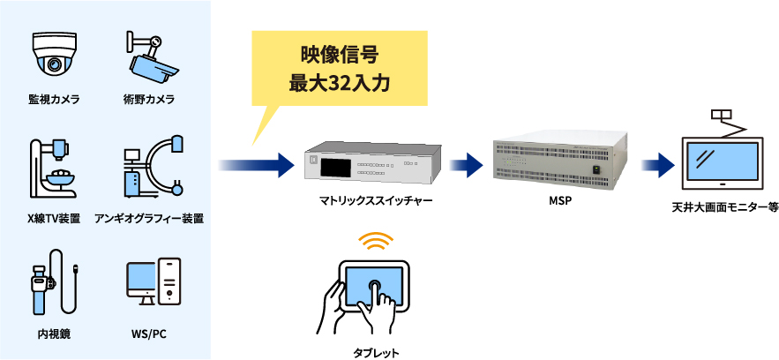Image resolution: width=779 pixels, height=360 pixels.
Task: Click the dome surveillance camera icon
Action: click(x=54, y=55)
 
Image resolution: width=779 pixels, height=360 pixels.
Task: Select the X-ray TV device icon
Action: click(x=54, y=168)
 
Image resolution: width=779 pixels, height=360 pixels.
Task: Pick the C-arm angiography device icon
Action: click(x=151, y=168)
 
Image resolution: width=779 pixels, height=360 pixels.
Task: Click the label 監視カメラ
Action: click(x=54, y=99)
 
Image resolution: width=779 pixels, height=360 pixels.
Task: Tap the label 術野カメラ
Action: click(x=148, y=99)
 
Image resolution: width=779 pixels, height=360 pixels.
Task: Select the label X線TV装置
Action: click(x=54, y=217)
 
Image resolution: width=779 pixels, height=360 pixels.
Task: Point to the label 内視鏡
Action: click(x=54, y=335)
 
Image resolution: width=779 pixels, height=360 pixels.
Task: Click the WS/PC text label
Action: click(x=148, y=335)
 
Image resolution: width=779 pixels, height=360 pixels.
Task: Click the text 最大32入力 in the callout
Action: click(x=340, y=86)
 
